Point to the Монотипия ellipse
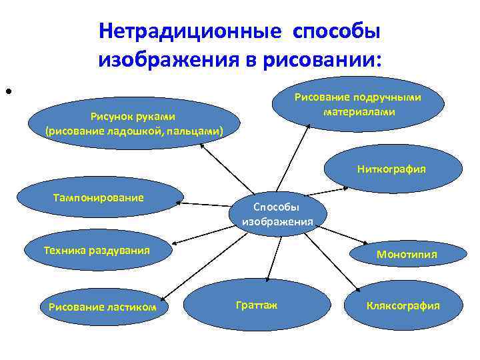point(406,254)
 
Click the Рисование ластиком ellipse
point(103,307)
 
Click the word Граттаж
point(257,305)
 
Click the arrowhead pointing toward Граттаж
point(267,278)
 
